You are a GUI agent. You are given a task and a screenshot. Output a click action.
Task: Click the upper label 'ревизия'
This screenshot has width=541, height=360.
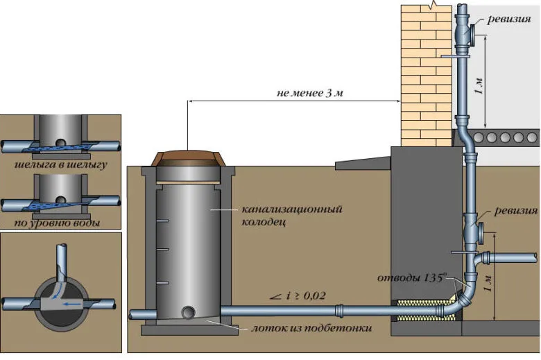508,19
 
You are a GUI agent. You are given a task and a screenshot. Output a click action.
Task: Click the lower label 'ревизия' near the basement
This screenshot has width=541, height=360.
516,211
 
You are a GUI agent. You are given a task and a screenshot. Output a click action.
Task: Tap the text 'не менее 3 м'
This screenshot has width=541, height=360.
310,93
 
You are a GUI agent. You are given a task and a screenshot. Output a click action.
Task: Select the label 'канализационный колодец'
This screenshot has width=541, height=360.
291,216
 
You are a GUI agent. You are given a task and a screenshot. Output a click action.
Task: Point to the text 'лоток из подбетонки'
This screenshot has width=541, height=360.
311,328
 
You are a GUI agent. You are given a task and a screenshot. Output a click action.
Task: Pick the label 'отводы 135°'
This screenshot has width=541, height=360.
412,278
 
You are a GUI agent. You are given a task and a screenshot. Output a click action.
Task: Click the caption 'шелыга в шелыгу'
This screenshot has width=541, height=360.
61,164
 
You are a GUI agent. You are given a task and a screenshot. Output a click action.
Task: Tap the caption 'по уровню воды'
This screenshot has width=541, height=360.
58,223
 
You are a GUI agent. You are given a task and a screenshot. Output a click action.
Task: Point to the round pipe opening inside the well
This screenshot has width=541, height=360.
188,312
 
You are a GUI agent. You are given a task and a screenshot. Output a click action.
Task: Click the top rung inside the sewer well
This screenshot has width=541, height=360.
162,221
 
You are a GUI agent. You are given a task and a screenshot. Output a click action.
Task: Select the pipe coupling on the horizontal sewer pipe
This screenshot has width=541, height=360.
339,311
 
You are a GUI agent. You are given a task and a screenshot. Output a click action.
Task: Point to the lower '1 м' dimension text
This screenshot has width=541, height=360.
488,283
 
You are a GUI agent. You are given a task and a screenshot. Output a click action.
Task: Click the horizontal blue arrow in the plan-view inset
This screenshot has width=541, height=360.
71,304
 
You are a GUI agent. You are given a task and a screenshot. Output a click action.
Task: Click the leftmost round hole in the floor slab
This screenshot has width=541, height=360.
479,138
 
